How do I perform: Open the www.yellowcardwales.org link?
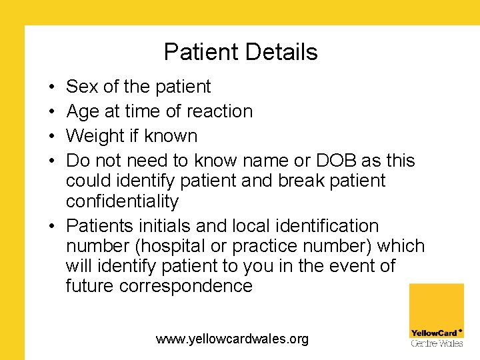click(x=232, y=339)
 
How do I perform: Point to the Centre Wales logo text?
click(x=437, y=343)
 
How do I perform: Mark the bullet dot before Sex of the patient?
click(x=51, y=87)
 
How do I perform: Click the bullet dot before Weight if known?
click(x=51, y=137)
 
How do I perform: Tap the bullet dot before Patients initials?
click(x=51, y=227)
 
